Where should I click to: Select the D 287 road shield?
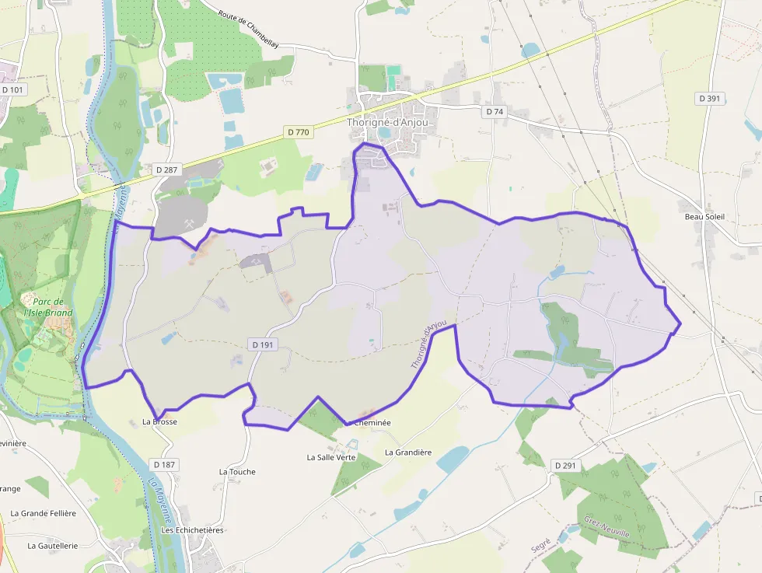pos(166,169)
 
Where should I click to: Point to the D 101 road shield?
pos(13,90)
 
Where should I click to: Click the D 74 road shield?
pos(495,112)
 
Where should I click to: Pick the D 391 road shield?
pos(709,99)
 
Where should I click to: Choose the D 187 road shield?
pos(165,464)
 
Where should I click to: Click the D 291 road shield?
pos(565,466)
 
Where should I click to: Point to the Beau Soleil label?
pos(704,217)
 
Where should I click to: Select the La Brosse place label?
pos(159,422)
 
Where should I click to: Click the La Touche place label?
pos(237,472)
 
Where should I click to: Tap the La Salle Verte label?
pos(331,457)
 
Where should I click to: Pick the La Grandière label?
pos(408,452)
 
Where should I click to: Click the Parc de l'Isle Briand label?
pos(47,307)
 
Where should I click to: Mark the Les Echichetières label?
pos(192,530)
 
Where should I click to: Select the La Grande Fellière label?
pos(44,513)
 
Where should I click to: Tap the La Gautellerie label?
pos(53,546)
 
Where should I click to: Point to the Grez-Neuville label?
pos(606,533)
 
